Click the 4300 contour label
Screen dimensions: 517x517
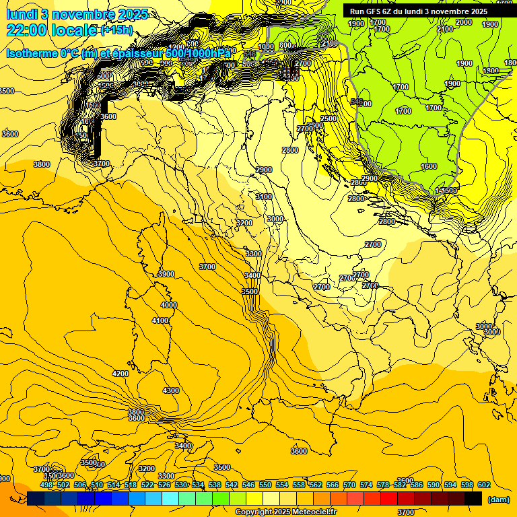click(171, 390)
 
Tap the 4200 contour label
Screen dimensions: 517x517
click(120, 374)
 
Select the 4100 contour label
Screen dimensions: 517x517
click(160, 321)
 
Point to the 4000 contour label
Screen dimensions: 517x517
click(168, 305)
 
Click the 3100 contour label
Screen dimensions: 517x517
click(264, 197)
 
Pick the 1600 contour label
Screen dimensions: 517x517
click(429, 166)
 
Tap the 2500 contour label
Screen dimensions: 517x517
click(329, 118)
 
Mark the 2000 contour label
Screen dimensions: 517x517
click(464, 22)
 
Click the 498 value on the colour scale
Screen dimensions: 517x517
click(46, 485)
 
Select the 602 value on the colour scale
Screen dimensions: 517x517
click(483, 485)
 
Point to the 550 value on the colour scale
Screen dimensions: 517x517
click(265, 485)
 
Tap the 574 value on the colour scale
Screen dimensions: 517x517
click(366, 485)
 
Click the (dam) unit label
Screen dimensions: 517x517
click(498, 499)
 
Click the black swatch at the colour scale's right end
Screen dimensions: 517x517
click(473, 498)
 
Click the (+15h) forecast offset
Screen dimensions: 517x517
click(116, 30)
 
